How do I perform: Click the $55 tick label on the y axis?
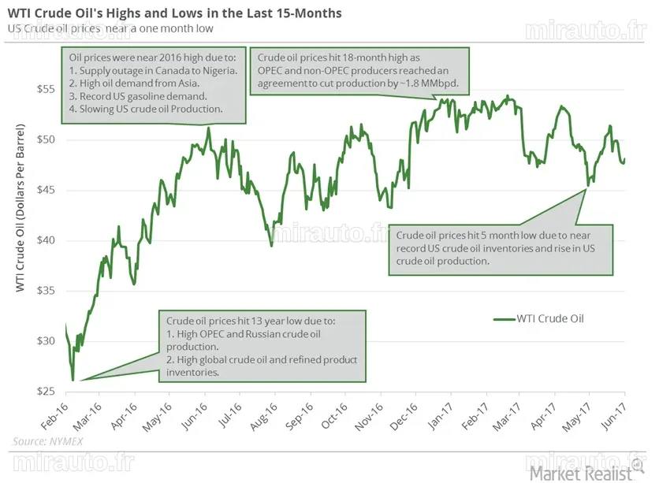pyautogui.click(x=47, y=89)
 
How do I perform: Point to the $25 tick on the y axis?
pyautogui.click(x=47, y=392)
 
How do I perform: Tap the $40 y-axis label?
pyautogui.click(x=47, y=240)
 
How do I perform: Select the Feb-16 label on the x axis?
pyautogui.click(x=54, y=416)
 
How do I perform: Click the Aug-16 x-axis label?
pyautogui.click(x=264, y=416)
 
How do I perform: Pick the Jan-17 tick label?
pyautogui.click(x=441, y=416)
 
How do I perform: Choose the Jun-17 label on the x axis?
pyautogui.click(x=614, y=416)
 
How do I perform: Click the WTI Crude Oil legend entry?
pyautogui.click(x=539, y=319)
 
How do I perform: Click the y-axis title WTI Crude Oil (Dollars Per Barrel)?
pyautogui.click(x=20, y=208)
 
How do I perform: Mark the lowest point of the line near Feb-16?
pyautogui.click(x=73, y=380)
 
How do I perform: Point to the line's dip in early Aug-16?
pyautogui.click(x=271, y=246)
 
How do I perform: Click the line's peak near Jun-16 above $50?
pyautogui.click(x=209, y=128)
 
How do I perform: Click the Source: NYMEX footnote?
pyautogui.click(x=48, y=441)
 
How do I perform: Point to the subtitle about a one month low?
pyautogui.click(x=110, y=28)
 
